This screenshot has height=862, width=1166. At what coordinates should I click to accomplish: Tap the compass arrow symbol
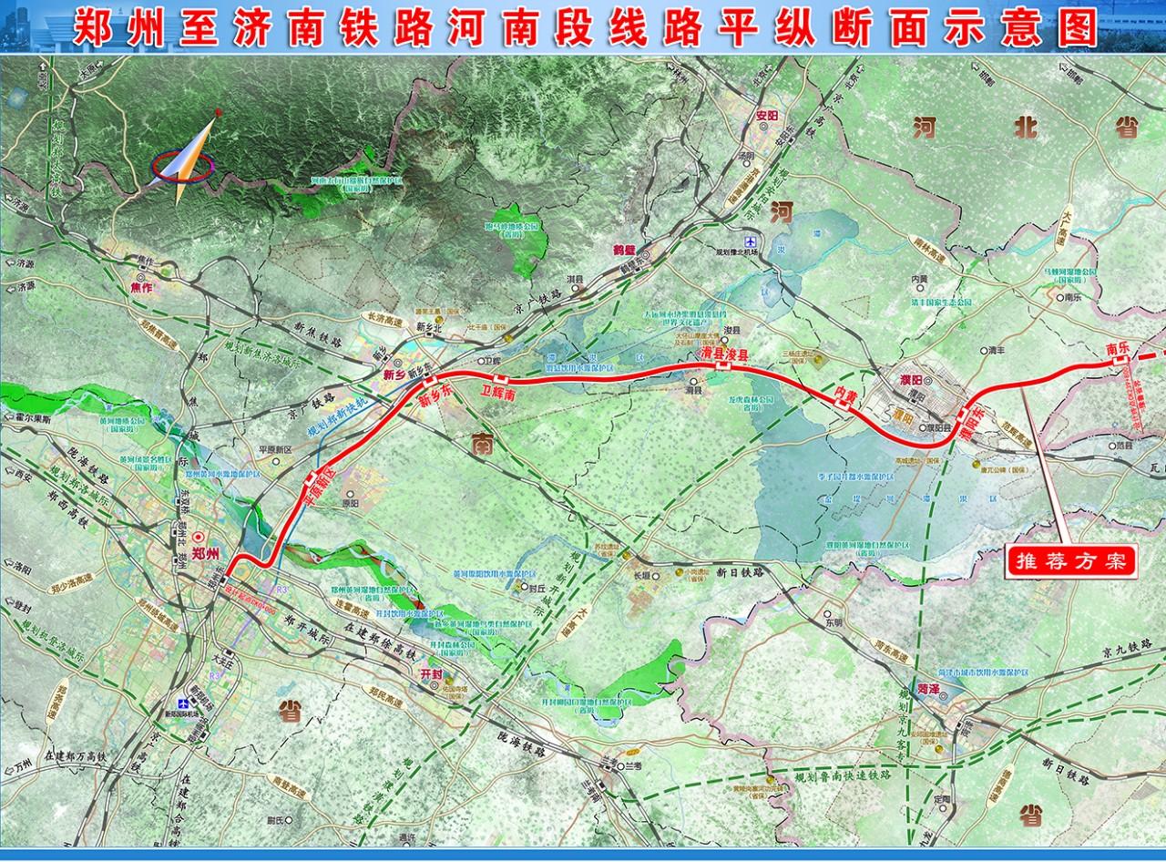[188, 159]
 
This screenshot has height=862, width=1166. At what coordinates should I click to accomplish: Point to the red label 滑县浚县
[723, 353]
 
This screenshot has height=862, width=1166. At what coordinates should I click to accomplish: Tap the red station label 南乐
[1117, 347]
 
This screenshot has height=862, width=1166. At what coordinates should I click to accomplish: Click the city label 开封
[431, 672]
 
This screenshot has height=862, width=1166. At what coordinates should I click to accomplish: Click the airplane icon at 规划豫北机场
[752, 241]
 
